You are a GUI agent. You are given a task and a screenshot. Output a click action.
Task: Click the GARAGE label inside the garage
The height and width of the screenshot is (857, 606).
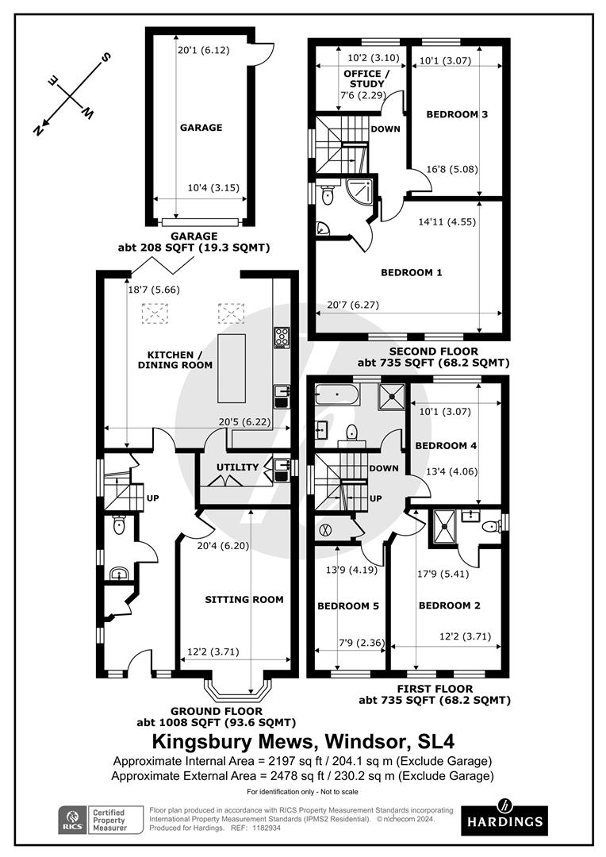click(x=201, y=127)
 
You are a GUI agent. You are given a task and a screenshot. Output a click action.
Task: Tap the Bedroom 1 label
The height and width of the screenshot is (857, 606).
click(x=412, y=272)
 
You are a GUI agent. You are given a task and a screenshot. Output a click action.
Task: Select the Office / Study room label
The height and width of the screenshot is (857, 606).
click(x=366, y=79)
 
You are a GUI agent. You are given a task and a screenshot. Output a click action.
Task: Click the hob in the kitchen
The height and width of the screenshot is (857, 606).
click(x=282, y=338)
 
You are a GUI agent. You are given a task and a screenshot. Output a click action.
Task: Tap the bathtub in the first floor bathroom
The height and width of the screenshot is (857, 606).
click(x=336, y=394)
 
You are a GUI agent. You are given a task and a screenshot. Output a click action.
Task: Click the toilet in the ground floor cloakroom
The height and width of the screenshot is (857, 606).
click(x=118, y=526)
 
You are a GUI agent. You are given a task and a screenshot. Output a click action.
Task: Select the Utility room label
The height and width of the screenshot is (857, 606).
click(x=237, y=467)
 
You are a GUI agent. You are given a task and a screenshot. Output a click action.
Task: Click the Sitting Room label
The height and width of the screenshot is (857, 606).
click(x=244, y=600)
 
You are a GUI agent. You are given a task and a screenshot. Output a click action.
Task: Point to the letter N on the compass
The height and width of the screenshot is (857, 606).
click(x=38, y=130)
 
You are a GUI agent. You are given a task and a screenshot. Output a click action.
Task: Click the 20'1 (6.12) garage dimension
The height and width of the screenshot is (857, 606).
click(x=204, y=50)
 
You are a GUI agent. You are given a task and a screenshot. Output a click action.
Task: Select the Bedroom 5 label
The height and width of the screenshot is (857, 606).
click(x=348, y=605)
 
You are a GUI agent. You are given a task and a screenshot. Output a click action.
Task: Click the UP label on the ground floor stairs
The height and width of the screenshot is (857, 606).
click(x=152, y=498)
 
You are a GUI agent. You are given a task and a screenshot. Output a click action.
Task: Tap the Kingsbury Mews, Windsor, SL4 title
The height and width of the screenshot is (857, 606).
click(x=303, y=742)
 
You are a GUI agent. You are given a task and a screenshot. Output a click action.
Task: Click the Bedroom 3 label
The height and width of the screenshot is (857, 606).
click(x=457, y=114)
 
